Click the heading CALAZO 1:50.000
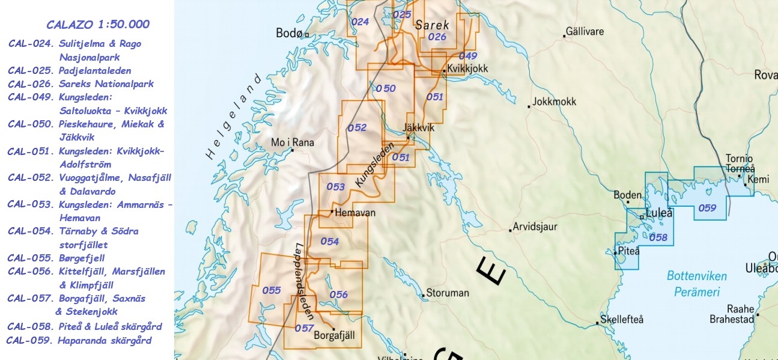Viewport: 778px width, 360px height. [x=98, y=25]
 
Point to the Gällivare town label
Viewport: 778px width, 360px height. [x=586, y=31]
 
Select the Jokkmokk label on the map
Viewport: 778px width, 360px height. [x=554, y=102]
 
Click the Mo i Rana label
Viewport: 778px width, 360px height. [x=293, y=142]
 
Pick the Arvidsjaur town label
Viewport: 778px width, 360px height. [x=535, y=228]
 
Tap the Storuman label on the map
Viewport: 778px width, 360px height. [x=447, y=293]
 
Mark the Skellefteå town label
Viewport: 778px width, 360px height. [x=622, y=319]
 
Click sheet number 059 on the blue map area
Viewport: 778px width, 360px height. [x=707, y=208]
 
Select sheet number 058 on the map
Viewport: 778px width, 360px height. [x=658, y=237]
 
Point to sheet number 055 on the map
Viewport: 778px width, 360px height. [x=272, y=290]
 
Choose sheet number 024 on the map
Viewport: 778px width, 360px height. [x=360, y=22]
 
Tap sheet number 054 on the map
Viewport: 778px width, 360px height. [x=330, y=242]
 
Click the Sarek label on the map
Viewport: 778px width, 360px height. [x=431, y=25]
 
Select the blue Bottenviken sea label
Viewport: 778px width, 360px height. [x=696, y=276]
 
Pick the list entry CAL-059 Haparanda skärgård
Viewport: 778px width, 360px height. [x=79, y=341]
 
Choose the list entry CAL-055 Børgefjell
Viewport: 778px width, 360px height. [x=56, y=258]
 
